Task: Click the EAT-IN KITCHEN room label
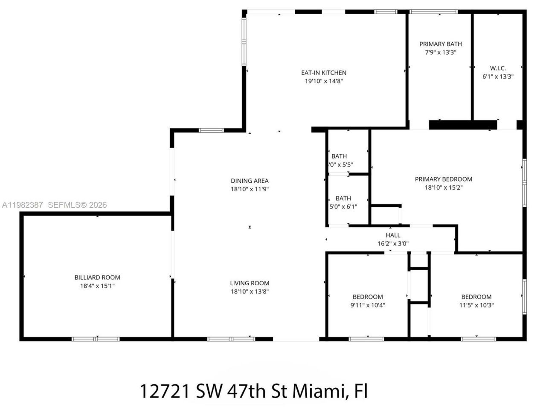pos(324,73)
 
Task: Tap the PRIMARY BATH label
pos(440,44)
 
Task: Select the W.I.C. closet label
pos(498,68)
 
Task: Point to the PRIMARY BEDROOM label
pos(444,179)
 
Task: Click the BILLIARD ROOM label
pos(97,278)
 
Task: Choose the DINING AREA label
pos(250,181)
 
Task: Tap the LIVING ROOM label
pos(250,283)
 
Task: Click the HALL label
pos(393,235)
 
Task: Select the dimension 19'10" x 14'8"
pos(324,81)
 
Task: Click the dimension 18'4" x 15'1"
pos(97,286)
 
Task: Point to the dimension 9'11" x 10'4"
pos(368,305)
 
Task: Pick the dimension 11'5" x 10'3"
pos(476,305)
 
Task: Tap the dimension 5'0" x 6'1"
pos(343,207)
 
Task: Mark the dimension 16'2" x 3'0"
pos(393,244)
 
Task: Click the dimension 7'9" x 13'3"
pos(440,53)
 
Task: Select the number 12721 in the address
pos(165,391)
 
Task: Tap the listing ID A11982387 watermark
pos(22,205)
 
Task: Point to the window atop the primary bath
pos(433,12)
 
